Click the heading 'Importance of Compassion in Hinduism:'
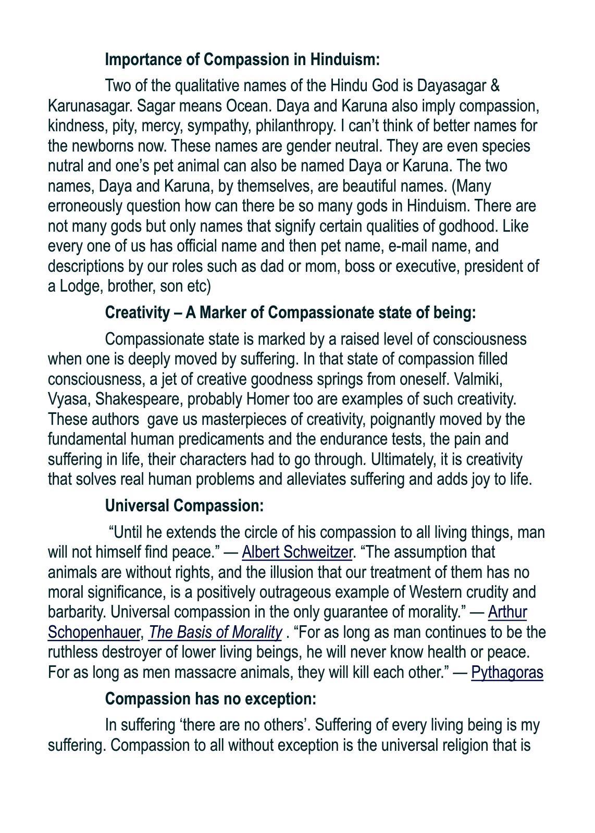pos(242,59)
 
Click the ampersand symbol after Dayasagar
pos(495,85)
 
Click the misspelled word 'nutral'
pos(66,166)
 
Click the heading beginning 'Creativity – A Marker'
pos(290,313)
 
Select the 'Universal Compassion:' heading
pos(184,506)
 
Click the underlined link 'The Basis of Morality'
pos(215,632)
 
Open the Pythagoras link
pos(507,672)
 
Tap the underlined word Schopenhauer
pos(94,632)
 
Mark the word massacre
pos(208,672)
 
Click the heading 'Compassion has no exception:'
pos(210,699)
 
